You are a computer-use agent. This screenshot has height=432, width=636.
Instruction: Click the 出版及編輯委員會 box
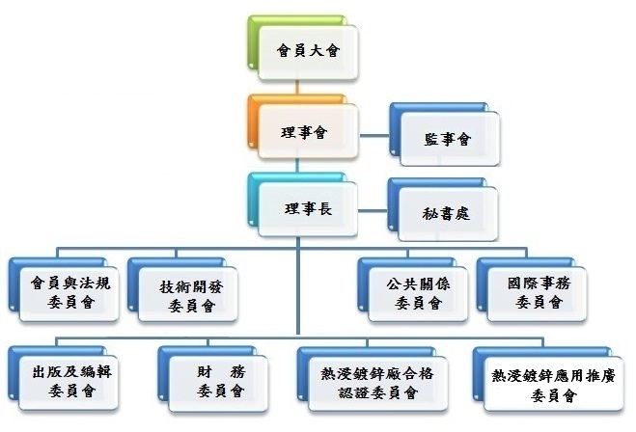[x=69, y=381]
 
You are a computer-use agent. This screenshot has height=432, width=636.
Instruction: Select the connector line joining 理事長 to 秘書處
[x=373, y=207]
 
